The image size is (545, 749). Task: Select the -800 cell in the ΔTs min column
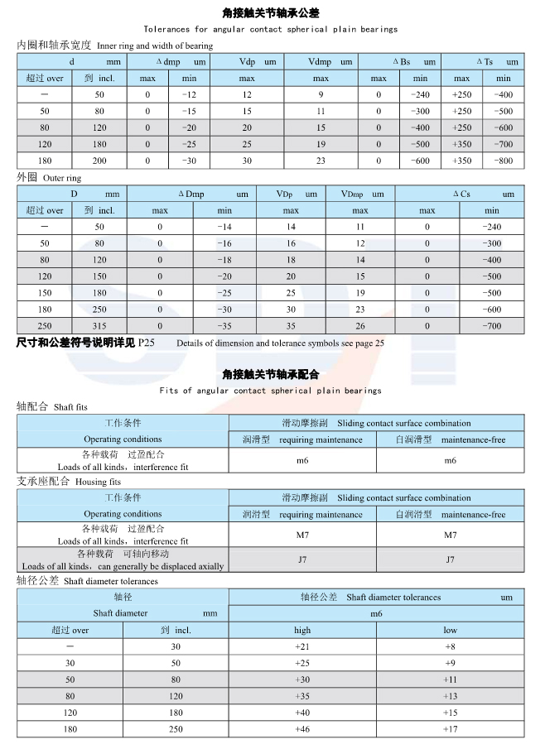(502, 161)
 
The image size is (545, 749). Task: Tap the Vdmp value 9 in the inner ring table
(321, 94)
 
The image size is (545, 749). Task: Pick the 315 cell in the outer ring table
(99, 326)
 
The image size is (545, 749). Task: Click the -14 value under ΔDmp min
(224, 227)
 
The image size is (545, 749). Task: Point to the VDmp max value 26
(360, 326)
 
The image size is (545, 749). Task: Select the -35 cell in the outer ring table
(224, 326)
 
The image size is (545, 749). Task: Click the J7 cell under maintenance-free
(450, 559)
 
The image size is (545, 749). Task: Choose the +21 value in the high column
(302, 646)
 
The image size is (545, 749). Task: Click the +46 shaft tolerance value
(302, 728)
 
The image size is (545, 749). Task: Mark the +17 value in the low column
(450, 728)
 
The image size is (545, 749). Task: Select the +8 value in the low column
(450, 646)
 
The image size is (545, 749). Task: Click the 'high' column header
(302, 630)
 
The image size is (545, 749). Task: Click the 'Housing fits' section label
(98, 481)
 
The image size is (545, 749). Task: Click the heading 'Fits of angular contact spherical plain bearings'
(270, 390)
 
